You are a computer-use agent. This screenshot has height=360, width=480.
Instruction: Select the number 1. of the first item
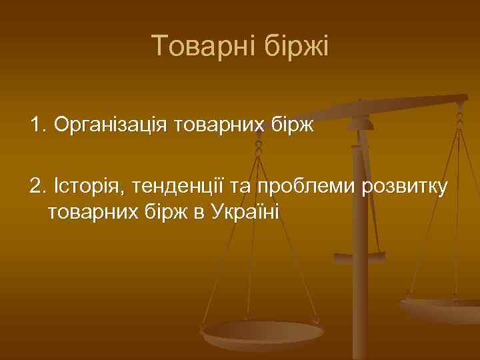tap(38, 124)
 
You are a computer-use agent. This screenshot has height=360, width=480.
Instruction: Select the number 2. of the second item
tap(38, 187)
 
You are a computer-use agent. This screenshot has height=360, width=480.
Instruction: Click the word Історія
tap(90, 187)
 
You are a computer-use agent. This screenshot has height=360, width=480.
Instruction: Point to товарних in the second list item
tap(84, 212)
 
